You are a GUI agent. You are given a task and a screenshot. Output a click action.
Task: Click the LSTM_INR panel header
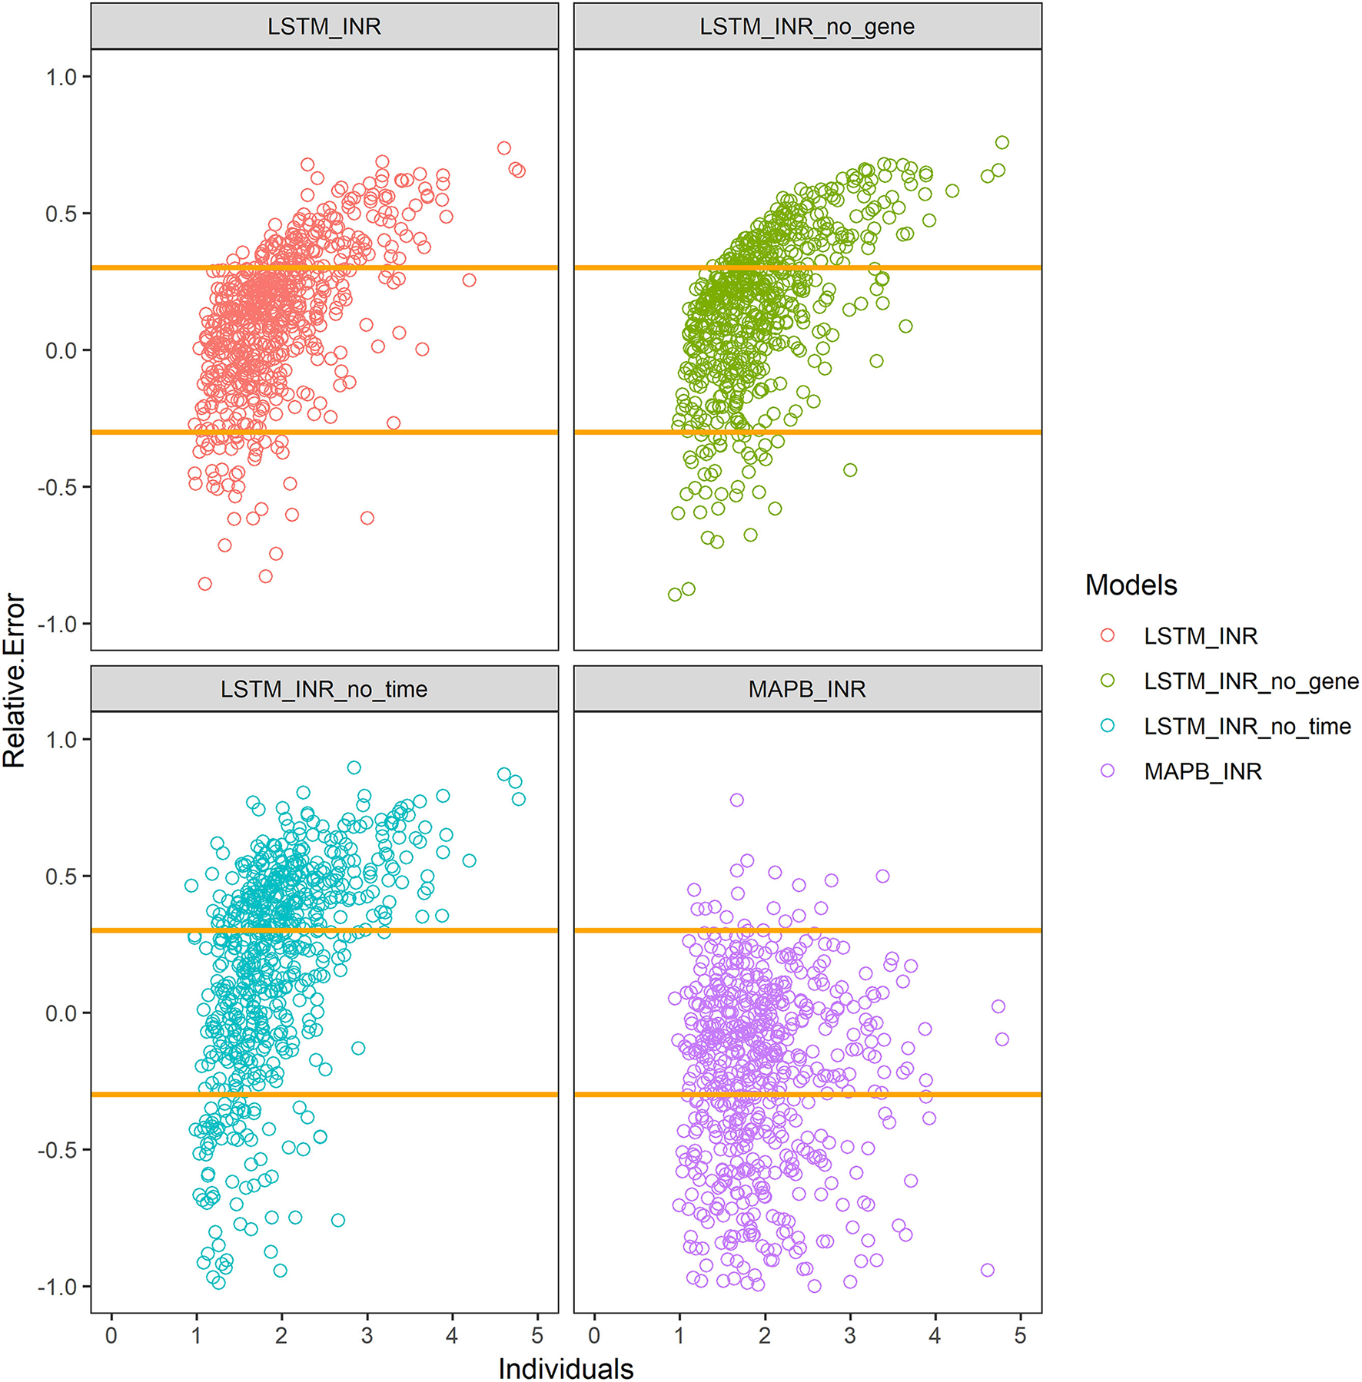[x=324, y=27]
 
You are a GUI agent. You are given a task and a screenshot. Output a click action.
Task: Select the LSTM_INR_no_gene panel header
[x=806, y=27]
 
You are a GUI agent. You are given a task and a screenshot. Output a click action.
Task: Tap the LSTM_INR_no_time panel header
[x=324, y=689]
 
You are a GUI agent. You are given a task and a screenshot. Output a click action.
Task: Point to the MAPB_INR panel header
[x=806, y=689]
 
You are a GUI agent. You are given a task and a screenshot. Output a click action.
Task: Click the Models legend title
[x=1130, y=585]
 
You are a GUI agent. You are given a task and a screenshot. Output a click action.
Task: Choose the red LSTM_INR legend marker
[x=1107, y=635]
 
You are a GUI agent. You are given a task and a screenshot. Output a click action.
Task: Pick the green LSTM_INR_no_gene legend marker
[x=1107, y=681]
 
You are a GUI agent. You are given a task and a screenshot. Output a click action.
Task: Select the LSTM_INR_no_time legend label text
[x=1246, y=726]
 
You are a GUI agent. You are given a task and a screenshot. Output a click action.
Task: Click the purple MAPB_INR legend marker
[x=1107, y=771]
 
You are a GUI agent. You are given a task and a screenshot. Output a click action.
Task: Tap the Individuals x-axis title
[x=566, y=1368]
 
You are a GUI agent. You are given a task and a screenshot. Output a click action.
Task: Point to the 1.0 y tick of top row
[x=61, y=77]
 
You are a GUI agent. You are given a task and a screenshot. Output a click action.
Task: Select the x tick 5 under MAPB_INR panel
[x=1019, y=1335]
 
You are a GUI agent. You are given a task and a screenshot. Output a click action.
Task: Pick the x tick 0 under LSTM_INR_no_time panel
[x=111, y=1335]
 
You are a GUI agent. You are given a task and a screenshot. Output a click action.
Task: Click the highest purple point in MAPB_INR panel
[x=736, y=800]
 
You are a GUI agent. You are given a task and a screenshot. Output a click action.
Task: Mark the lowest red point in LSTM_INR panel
[x=204, y=584]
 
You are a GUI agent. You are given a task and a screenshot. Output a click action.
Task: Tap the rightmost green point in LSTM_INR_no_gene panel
[x=1002, y=142]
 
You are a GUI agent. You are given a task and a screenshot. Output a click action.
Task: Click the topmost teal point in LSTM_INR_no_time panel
[x=354, y=767]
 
